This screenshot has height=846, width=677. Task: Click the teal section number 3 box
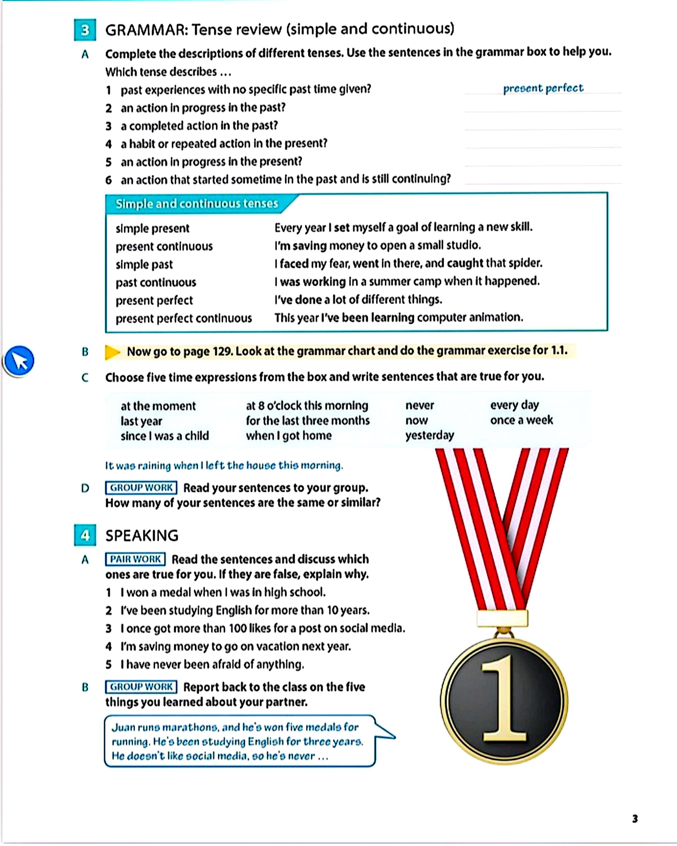click(85, 30)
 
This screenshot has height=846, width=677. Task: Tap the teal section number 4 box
click(85, 535)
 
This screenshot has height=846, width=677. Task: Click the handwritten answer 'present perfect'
click(543, 88)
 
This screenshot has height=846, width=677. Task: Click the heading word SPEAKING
click(142, 536)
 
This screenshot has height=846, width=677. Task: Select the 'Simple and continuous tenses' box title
click(196, 204)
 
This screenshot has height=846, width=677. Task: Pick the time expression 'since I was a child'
click(165, 436)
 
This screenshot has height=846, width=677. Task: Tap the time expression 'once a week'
click(521, 420)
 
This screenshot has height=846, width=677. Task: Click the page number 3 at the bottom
click(635, 819)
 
